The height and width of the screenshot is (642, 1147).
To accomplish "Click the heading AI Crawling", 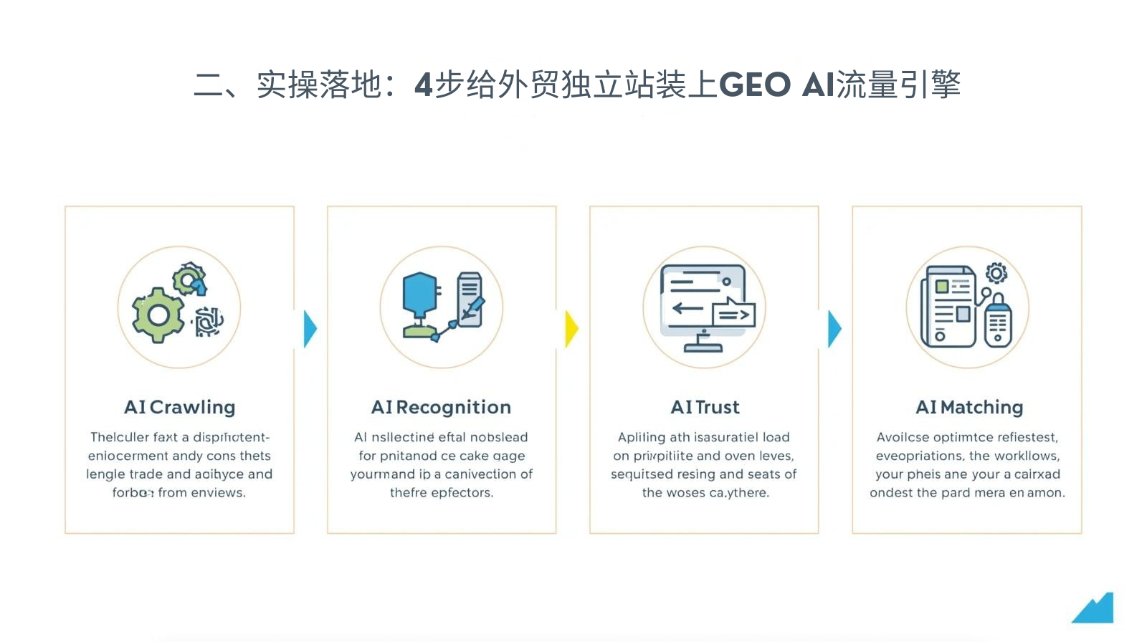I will (x=179, y=407).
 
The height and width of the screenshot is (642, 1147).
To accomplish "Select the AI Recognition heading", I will (x=441, y=407).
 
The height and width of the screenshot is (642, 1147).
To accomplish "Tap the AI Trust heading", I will (x=705, y=407).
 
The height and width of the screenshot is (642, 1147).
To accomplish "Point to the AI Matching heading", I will (x=969, y=407).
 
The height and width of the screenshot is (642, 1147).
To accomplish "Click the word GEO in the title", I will (x=754, y=85).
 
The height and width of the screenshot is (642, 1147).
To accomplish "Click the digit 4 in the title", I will (x=423, y=85).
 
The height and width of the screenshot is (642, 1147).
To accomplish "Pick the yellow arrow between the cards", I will (x=571, y=329).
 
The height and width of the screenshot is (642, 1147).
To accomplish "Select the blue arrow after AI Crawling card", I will (x=310, y=329).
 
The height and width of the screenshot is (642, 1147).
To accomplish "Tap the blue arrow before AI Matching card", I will (x=834, y=329).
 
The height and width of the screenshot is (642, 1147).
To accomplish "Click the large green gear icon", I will (x=158, y=315).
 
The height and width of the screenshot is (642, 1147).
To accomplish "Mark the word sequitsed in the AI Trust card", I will (x=642, y=474).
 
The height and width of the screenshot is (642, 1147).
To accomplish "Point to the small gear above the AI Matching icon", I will (x=996, y=273).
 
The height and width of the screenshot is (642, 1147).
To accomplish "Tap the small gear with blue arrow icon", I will (x=190, y=279).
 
